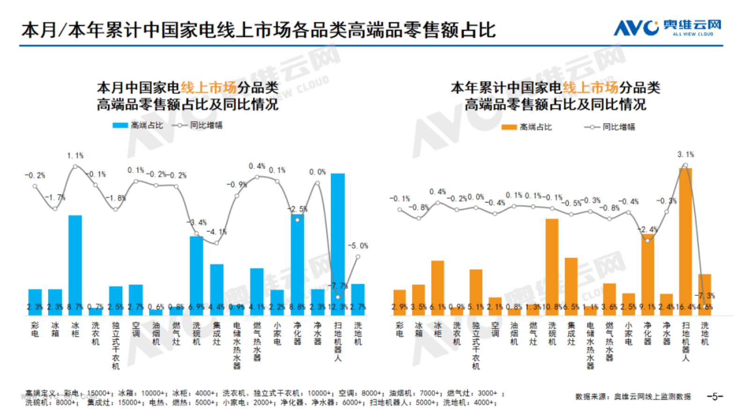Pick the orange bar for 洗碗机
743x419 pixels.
(x=552, y=262)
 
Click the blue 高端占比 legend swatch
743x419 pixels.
(x=120, y=125)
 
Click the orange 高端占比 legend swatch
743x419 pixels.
(x=508, y=127)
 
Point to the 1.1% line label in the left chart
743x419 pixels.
(x=75, y=156)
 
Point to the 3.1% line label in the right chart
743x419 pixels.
(x=685, y=154)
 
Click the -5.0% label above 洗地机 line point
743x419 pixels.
(x=358, y=246)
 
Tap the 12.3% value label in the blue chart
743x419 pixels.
(x=338, y=307)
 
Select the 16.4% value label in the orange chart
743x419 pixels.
(x=685, y=307)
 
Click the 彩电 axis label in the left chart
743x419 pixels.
(x=35, y=329)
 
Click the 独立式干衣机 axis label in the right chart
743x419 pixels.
(x=476, y=345)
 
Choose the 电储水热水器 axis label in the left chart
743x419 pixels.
(x=237, y=345)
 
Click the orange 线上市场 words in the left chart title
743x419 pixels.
(x=208, y=88)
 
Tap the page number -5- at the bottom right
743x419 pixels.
(x=714, y=397)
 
